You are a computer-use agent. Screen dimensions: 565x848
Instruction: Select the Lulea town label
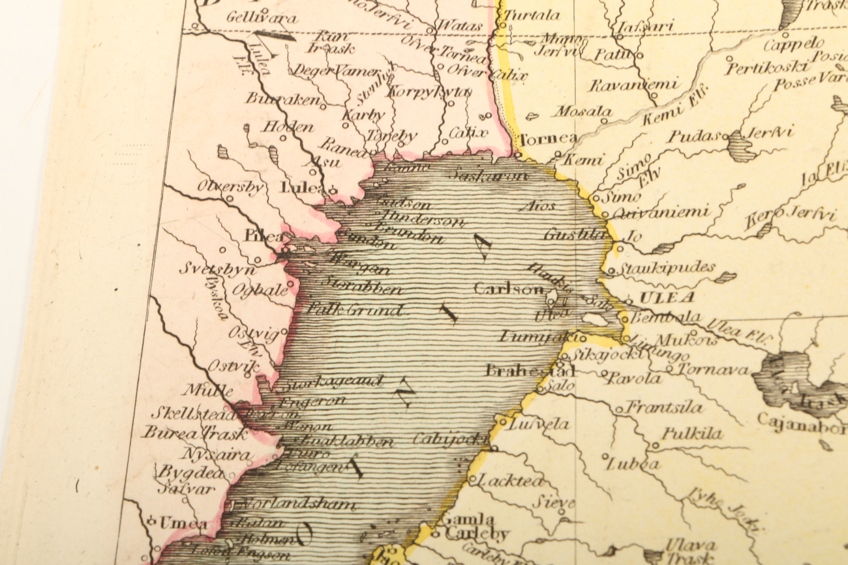tap(301, 187)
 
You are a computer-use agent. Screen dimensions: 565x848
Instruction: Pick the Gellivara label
tap(262, 18)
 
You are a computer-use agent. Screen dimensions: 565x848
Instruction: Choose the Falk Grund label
tap(356, 310)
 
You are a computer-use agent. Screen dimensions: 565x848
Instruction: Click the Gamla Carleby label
tap(474, 527)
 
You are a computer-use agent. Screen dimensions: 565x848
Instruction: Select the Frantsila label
tap(663, 408)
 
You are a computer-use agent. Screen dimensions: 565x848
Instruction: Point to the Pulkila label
tap(692, 434)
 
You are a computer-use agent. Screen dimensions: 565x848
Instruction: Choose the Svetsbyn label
tap(213, 268)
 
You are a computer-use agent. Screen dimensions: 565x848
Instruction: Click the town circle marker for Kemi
tap(558, 155)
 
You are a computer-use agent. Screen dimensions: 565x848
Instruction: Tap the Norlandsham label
tap(298, 504)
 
